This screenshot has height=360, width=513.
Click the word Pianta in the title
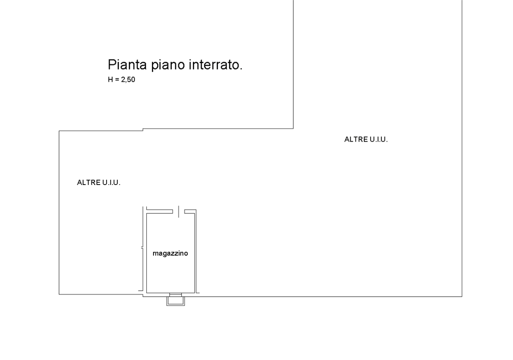(x=127, y=64)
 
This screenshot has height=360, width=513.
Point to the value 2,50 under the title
(x=128, y=80)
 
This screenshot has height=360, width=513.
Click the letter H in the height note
(x=110, y=79)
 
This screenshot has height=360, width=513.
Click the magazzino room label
(x=170, y=253)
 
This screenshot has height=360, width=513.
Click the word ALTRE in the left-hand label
(x=89, y=183)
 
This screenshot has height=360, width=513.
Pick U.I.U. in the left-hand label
(x=111, y=183)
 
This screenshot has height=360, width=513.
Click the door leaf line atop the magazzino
(x=179, y=211)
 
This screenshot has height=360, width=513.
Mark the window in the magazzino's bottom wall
(x=176, y=295)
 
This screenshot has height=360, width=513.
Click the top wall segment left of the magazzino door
(x=160, y=211)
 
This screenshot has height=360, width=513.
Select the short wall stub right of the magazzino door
(x=190, y=211)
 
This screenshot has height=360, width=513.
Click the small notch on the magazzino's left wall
(x=142, y=247)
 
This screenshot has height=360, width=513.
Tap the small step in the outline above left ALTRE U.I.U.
(x=143, y=130)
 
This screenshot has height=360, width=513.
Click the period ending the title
(x=241, y=69)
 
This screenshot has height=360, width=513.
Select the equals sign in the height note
(x=117, y=80)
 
